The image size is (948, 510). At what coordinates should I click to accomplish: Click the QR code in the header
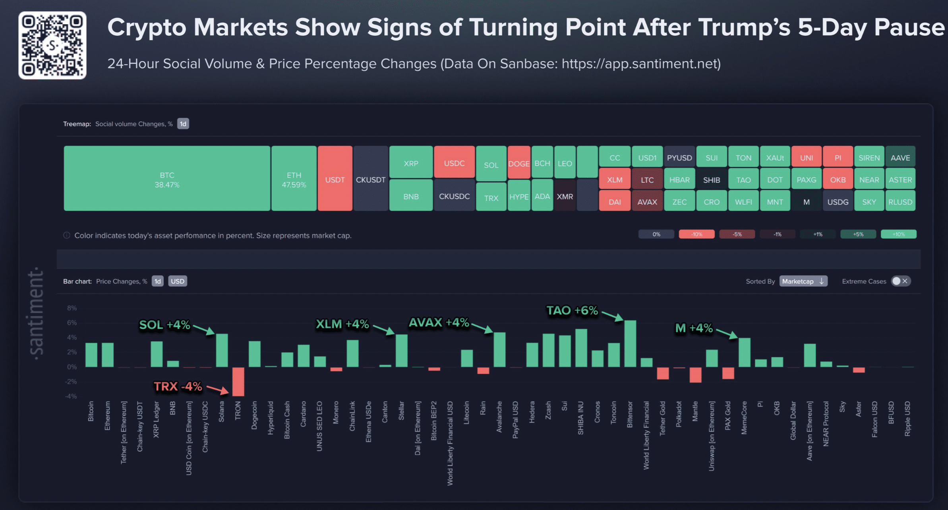pos(52,45)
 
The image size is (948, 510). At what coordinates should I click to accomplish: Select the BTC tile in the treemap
pos(167,178)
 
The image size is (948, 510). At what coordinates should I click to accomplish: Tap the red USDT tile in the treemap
pos(335,178)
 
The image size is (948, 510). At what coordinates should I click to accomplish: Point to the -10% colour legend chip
pos(696,234)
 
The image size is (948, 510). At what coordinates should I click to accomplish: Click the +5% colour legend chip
pos(858,234)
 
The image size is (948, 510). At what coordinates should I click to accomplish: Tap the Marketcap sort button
pos(803,281)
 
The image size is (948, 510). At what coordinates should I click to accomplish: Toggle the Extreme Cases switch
pos(900,281)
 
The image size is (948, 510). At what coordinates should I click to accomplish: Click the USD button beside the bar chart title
pos(177,281)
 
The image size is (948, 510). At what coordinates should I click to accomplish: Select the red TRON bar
pos(238,381)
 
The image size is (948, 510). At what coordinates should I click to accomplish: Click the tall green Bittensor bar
pos(630,344)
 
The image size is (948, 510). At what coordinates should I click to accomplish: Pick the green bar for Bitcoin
pos(91,355)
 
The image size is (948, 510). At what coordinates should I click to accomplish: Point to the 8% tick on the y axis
pos(72,308)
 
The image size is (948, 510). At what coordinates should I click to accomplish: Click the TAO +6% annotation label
pos(572,310)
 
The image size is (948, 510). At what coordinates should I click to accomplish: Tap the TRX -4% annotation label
pos(178,386)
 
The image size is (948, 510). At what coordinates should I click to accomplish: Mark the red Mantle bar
pos(695,375)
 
